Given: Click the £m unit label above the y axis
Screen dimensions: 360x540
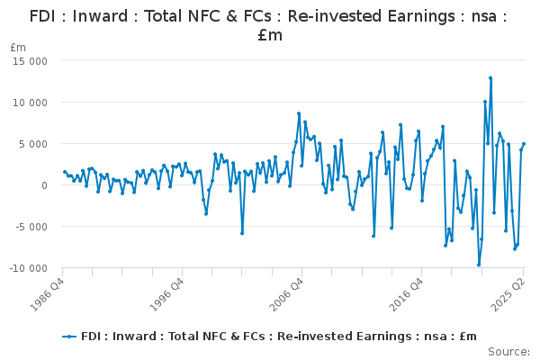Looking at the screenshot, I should (x=18, y=47).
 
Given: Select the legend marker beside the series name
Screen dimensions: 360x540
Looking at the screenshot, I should (x=70, y=337).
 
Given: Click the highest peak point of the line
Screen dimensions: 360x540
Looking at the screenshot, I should (x=490, y=78).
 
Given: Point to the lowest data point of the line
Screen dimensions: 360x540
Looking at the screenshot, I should (x=479, y=265).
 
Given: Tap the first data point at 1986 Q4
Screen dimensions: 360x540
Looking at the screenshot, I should (x=63, y=171).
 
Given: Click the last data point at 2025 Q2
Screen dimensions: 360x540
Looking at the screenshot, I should (x=524, y=144).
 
